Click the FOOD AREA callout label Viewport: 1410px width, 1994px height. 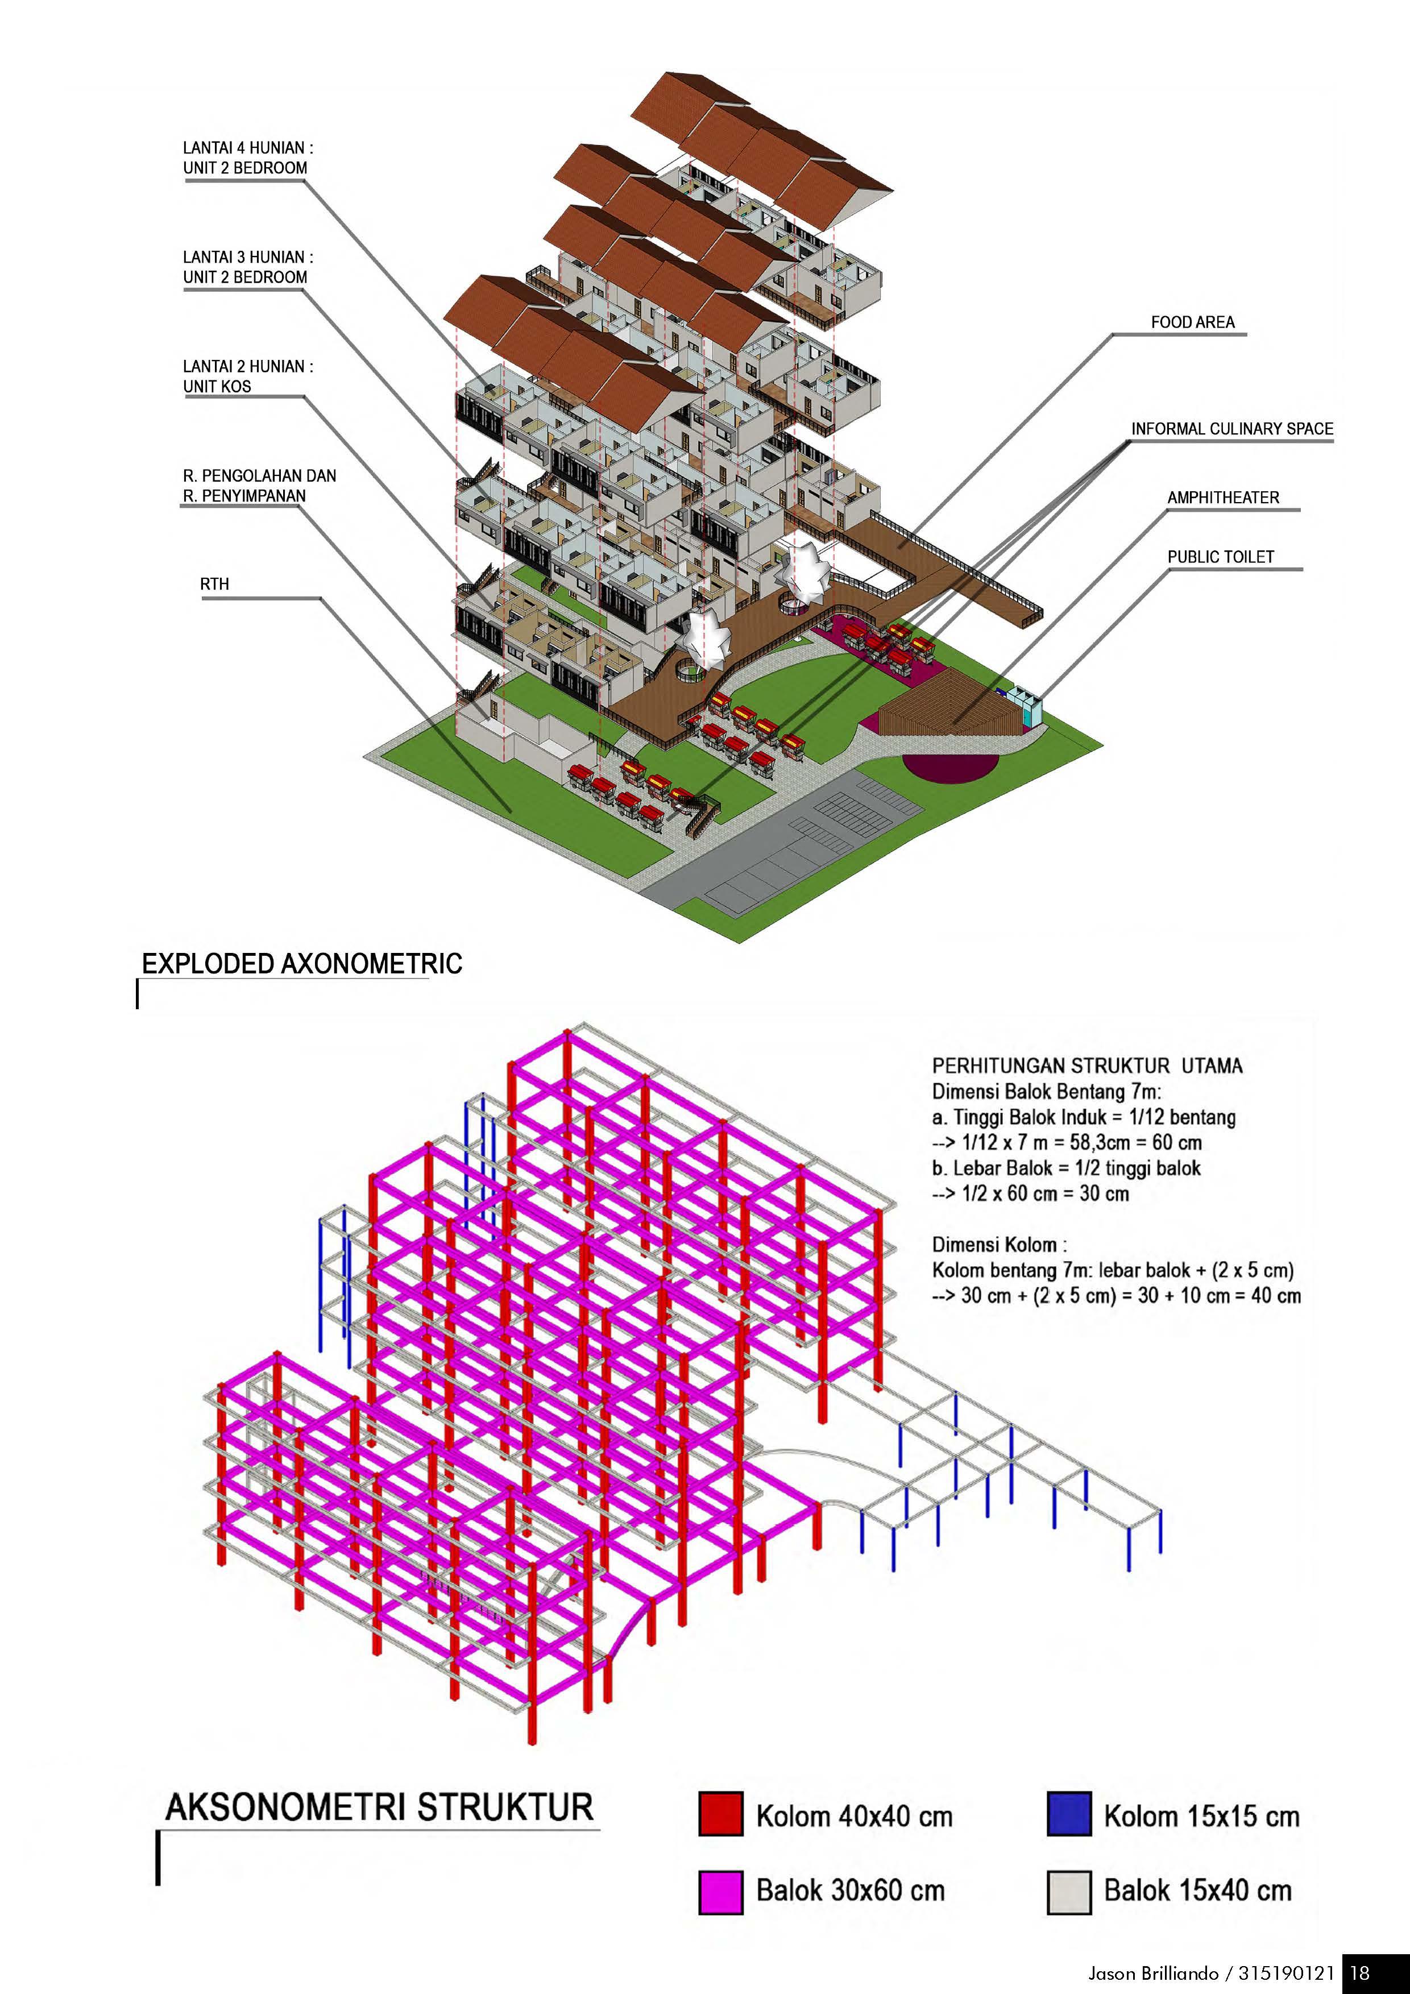(1192, 322)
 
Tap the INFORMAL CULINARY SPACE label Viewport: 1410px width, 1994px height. (1231, 429)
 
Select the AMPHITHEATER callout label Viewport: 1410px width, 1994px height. (1222, 498)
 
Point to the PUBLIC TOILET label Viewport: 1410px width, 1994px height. (1220, 557)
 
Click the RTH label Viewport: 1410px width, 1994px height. (214, 584)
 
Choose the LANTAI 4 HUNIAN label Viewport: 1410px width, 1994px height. (247, 148)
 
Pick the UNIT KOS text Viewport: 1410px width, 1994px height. (217, 387)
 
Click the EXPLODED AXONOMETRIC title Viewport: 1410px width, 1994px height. (301, 964)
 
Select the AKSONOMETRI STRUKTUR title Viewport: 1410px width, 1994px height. (379, 1808)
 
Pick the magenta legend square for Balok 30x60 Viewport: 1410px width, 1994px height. (720, 1892)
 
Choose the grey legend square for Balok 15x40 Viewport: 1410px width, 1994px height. (1069, 1892)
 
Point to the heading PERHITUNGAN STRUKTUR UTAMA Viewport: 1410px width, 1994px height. (1087, 1066)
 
